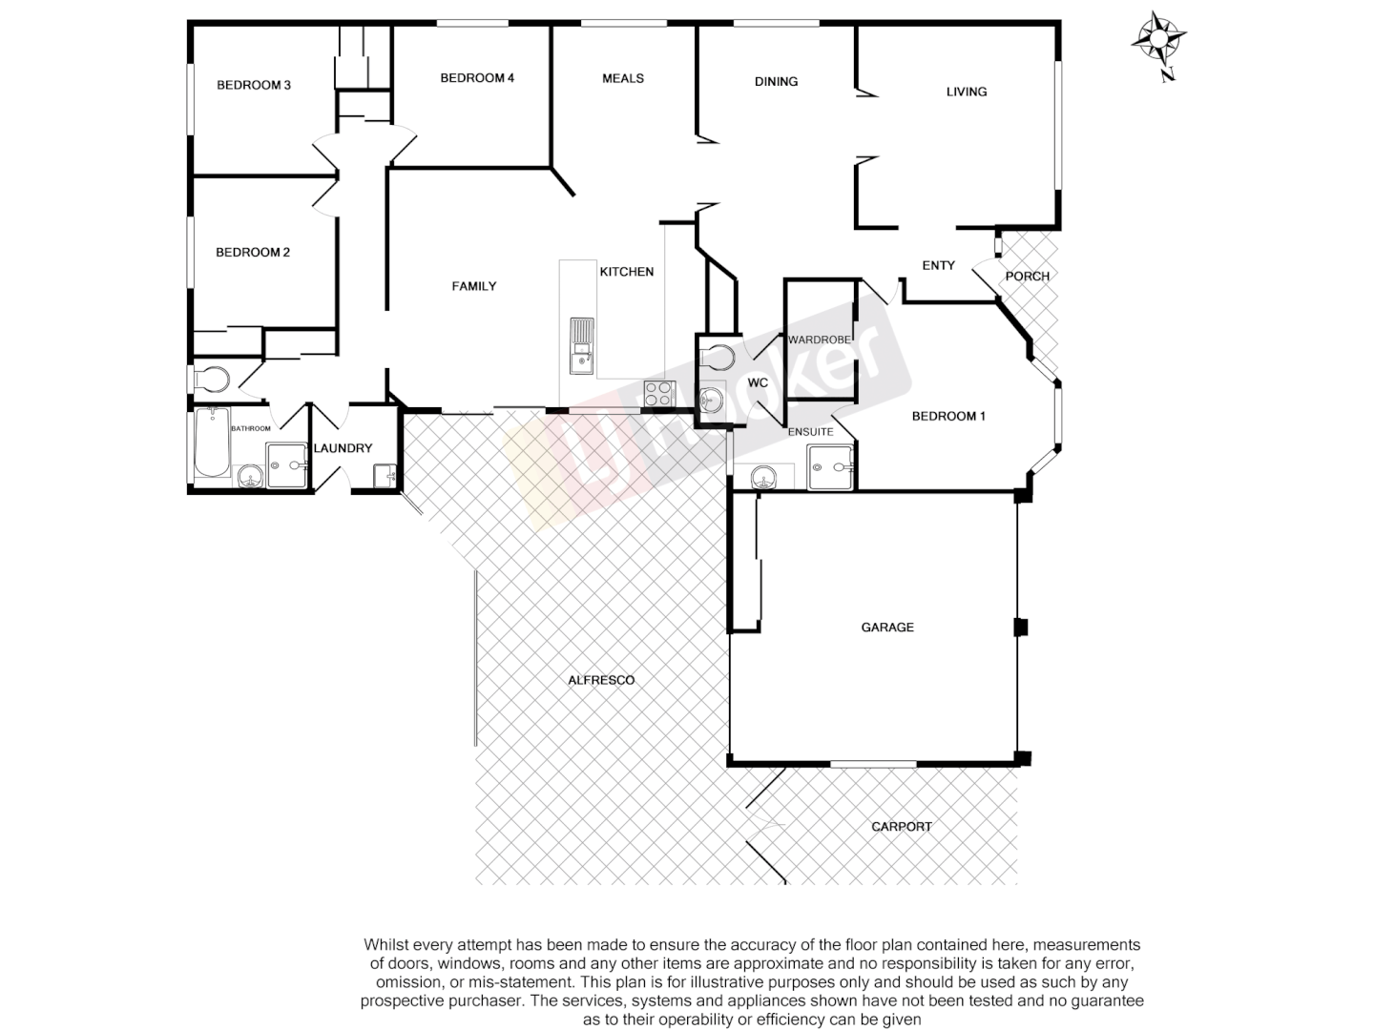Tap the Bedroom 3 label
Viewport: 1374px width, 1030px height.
pos(254,85)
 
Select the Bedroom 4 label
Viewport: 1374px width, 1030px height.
pos(477,78)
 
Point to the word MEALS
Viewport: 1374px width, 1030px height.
pos(623,78)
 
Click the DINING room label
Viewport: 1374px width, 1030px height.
pos(776,82)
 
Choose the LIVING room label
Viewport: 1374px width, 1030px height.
pos(967,92)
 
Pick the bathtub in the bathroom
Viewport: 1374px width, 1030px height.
pos(212,443)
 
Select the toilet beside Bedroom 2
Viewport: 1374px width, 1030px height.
pos(212,381)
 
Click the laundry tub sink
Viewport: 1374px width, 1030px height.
pos(385,474)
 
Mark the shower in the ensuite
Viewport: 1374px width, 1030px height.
pos(831,467)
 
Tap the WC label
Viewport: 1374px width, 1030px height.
pos(758,383)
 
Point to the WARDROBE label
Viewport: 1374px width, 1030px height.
pos(819,340)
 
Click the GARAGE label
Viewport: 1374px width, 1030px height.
pos(887,628)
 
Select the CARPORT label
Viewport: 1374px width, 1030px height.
pos(902,827)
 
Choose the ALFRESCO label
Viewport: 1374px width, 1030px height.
pos(601,680)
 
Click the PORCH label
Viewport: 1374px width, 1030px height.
pos(1027,277)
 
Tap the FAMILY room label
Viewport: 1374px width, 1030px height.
pos(474,286)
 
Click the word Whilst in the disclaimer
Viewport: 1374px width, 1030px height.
pos(385,945)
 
